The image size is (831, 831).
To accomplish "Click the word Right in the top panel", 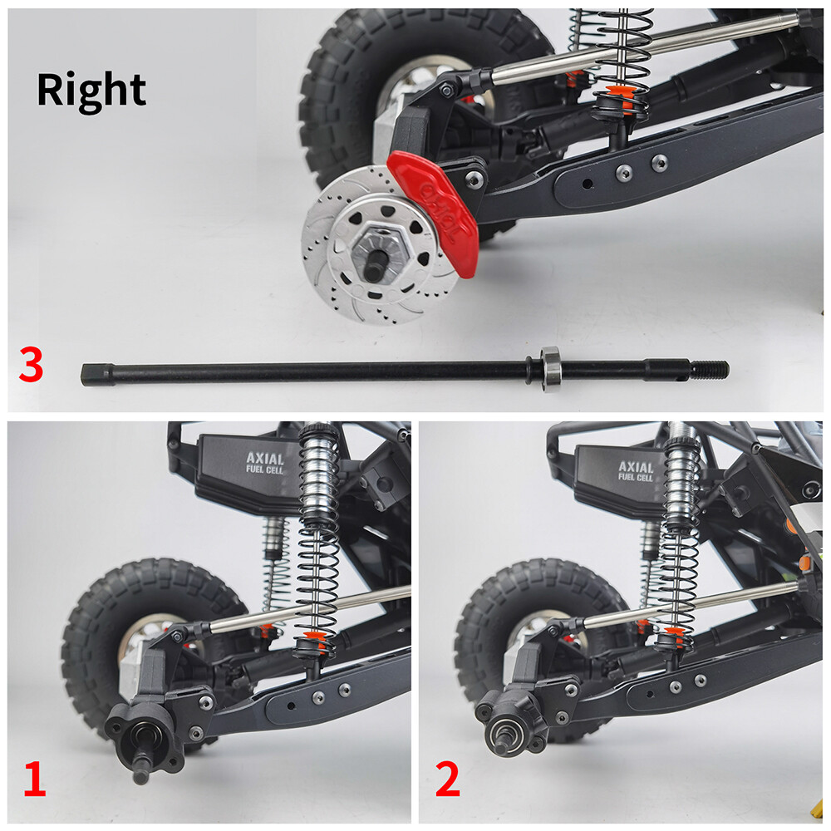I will [x=91, y=90].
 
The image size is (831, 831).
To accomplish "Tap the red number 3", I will [x=30, y=366].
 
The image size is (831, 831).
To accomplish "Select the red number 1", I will [x=33, y=781].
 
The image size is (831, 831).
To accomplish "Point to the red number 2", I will [x=448, y=781].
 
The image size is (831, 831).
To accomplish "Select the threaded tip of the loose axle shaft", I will [x=711, y=369].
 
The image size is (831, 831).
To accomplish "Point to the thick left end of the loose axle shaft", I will [x=96, y=373].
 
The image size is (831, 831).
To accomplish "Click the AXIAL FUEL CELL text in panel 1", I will [x=264, y=463].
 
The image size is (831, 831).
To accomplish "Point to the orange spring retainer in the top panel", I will [x=616, y=92].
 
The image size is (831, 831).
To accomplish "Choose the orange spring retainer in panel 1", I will [x=315, y=638].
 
